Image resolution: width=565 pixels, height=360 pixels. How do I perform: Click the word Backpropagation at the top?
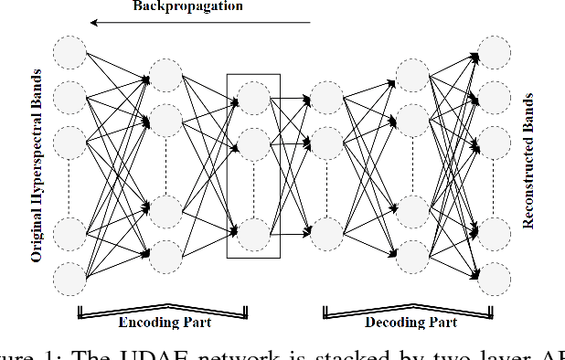pos(187,7)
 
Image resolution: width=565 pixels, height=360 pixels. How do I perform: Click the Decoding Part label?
pos(409,323)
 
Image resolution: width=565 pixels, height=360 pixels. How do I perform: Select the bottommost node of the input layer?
pos(69,277)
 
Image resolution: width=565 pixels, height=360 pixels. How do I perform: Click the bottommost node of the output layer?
pos(495,277)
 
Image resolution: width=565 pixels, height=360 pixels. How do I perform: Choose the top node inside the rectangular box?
pos(253,96)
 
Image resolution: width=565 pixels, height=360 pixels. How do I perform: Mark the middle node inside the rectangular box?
pos(253,143)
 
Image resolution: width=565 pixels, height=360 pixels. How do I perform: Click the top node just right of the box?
pos(327,96)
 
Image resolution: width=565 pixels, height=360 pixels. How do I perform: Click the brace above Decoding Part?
pos(409,311)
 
